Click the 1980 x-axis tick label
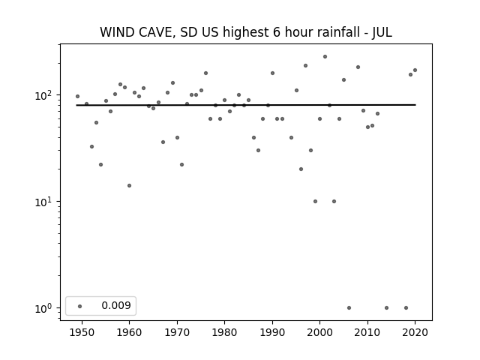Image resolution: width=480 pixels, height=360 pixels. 224,332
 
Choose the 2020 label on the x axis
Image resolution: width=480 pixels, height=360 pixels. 415,332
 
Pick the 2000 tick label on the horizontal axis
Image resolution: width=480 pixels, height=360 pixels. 320,332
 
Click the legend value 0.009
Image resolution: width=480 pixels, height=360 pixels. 116,305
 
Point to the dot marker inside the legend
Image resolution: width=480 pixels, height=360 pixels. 80,306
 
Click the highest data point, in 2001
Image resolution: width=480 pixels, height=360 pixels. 325,57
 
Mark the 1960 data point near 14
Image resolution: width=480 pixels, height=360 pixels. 129,185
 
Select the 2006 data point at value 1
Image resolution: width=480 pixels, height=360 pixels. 349,308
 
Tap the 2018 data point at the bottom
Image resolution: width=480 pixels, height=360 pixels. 406,308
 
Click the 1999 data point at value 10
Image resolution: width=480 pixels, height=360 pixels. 315,202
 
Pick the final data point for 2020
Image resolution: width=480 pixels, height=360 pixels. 415,70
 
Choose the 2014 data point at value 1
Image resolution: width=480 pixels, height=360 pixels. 387,308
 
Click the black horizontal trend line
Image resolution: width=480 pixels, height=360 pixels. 246,105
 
